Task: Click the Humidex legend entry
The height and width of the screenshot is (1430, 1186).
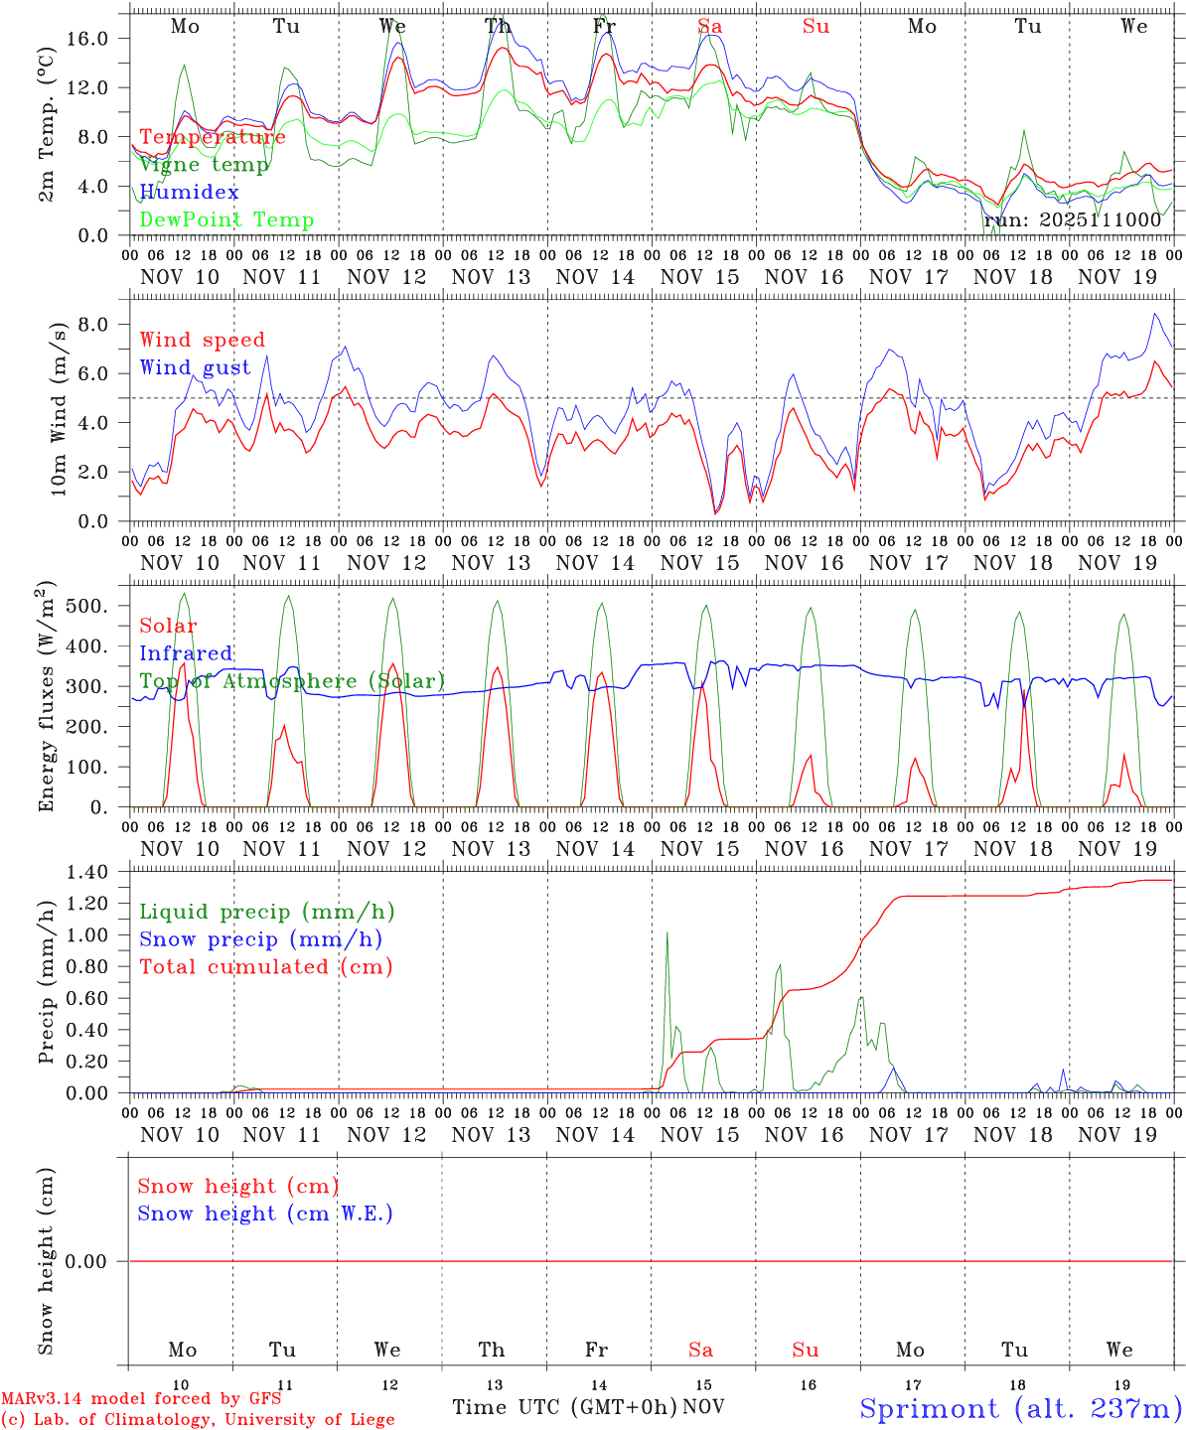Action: (189, 192)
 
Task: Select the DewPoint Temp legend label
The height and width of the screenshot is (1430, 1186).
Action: (226, 219)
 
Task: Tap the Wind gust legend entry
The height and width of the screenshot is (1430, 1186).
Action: (195, 367)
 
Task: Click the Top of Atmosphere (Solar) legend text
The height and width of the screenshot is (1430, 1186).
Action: (291, 681)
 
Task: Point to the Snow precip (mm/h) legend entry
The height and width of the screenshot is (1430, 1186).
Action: (260, 939)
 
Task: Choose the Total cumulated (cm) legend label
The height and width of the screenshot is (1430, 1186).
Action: (265, 966)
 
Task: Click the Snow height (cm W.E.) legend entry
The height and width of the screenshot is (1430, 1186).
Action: (264, 1214)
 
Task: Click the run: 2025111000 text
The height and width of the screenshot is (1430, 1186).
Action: (1072, 219)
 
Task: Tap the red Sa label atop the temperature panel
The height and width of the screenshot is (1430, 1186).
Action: (710, 27)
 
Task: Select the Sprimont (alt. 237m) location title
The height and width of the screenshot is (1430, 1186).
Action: (1020, 1408)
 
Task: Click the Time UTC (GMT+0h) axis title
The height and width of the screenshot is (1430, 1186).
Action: (564, 1407)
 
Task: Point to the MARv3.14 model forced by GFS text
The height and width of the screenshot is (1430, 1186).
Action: (140, 1399)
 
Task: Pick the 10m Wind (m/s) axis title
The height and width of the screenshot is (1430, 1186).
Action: (60, 408)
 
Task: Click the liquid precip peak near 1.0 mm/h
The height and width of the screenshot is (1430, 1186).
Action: (667, 932)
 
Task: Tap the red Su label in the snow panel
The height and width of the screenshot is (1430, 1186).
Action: (806, 1350)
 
